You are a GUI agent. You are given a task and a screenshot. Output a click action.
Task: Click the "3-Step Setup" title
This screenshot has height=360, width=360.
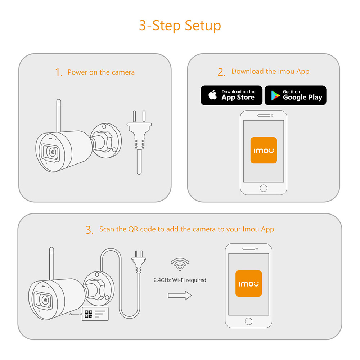click(x=180, y=26)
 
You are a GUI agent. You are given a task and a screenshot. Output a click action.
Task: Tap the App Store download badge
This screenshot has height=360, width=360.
click(x=231, y=95)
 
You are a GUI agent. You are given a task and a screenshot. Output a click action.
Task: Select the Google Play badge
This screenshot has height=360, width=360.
click(x=296, y=95)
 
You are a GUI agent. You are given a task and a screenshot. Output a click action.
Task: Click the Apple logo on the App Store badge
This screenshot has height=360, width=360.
click(x=213, y=95)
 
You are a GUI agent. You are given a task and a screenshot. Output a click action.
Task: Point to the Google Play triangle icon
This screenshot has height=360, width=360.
click(x=275, y=95)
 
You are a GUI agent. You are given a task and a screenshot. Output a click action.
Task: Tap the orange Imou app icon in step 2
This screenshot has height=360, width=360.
click(x=264, y=150)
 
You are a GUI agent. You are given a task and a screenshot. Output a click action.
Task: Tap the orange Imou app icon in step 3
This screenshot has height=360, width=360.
click(x=249, y=284)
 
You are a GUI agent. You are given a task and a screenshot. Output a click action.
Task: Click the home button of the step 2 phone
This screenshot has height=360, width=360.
click(x=264, y=188)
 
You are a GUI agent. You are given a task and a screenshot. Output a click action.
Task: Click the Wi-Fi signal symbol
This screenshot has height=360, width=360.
click(x=180, y=264)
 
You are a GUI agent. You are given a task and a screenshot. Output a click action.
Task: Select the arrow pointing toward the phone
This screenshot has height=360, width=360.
click(x=180, y=296)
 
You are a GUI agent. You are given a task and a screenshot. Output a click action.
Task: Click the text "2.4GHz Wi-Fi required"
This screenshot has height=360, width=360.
click(x=180, y=280)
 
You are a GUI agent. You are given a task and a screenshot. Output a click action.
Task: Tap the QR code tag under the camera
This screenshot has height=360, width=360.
click(x=95, y=314)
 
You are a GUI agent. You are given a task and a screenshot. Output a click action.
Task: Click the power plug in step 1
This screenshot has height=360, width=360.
click(x=139, y=142)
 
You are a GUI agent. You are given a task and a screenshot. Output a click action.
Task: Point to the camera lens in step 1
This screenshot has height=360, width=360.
click(x=53, y=152)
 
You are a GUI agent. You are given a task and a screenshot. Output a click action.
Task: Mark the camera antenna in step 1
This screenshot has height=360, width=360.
click(x=59, y=116)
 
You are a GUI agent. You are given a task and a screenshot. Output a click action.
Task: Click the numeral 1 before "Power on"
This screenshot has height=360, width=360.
click(x=59, y=72)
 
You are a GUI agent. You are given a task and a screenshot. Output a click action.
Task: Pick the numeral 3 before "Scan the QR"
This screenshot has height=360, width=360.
click(x=90, y=230)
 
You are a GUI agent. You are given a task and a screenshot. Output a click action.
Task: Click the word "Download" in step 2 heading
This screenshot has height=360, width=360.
click(x=248, y=71)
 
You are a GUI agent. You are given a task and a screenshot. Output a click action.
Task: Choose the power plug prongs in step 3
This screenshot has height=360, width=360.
click(x=139, y=254)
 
